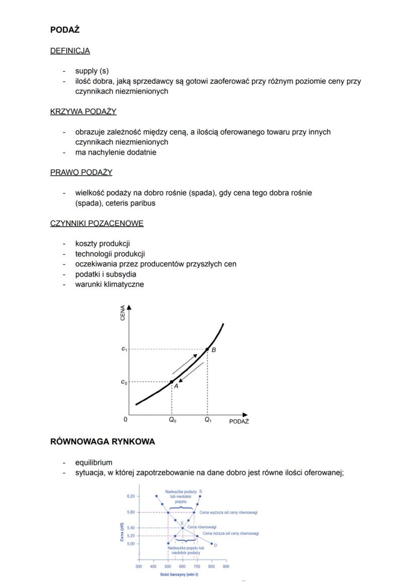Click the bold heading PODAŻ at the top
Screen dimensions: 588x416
pos(65,30)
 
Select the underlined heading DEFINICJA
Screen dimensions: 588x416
pos(70,51)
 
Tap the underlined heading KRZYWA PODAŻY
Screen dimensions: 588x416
pos(83,112)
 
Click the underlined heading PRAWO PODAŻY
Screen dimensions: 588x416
pos(81,173)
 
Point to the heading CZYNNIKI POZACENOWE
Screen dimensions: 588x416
pos(96,223)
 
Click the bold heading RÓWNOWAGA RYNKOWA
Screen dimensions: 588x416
pos(102,442)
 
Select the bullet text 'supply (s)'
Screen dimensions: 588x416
pos(91,71)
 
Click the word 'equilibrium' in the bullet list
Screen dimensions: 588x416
pos(93,462)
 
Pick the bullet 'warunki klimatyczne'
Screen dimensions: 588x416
pos(109,284)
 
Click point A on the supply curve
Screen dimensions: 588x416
pos(172,382)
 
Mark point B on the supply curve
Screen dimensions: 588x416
pos(207,349)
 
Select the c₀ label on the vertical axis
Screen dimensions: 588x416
pos(124,382)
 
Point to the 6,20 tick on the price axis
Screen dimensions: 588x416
pos(130,496)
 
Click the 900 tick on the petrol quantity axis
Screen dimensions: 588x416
pos(226,566)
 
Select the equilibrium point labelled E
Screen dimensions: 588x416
pos(182,528)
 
